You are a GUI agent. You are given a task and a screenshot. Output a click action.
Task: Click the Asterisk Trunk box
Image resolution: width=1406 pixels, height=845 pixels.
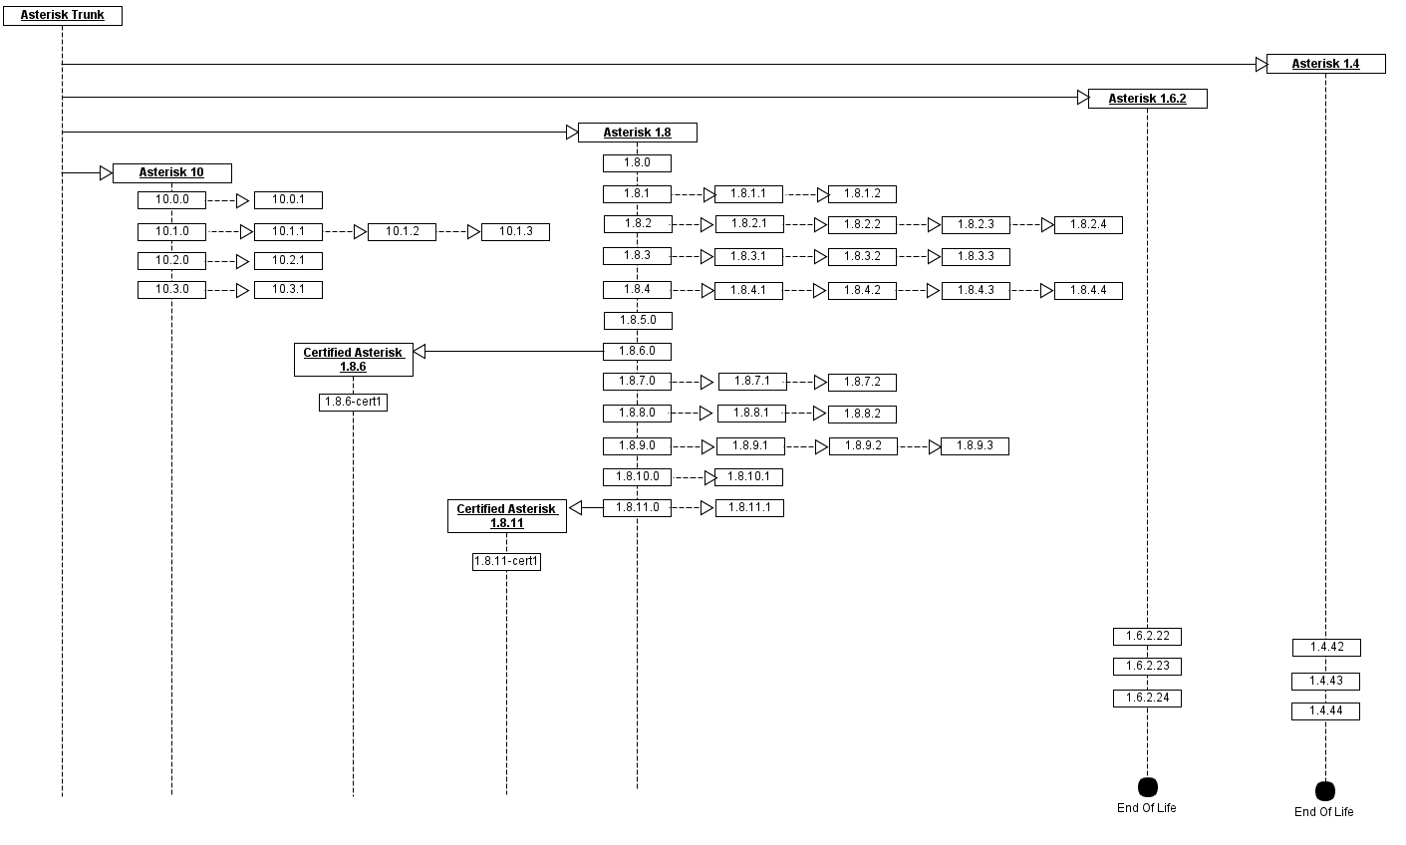tap(62, 16)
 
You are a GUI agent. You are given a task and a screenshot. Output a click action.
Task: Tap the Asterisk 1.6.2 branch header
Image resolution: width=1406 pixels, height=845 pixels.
tap(1147, 99)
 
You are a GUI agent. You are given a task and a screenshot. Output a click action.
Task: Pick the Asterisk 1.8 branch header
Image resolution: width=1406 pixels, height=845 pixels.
tap(637, 133)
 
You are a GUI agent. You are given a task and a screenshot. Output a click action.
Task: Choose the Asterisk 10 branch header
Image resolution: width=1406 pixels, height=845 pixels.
tap(171, 173)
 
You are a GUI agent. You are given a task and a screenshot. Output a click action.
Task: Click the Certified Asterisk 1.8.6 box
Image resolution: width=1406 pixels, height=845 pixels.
tap(353, 360)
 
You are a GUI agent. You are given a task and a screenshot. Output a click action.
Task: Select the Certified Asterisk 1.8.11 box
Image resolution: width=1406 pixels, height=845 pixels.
tap(506, 516)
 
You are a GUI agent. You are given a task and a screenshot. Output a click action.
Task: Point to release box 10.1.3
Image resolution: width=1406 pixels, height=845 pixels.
tap(515, 232)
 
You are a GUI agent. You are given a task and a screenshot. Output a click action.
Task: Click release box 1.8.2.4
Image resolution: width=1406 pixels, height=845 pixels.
tap(1088, 225)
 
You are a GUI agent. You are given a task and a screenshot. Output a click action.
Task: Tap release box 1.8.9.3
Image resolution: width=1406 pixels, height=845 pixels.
tap(975, 446)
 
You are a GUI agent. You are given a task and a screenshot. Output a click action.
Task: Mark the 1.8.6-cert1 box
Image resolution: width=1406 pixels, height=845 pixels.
tap(353, 403)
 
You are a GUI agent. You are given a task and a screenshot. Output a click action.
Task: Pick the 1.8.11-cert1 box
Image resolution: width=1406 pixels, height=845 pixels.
tap(506, 562)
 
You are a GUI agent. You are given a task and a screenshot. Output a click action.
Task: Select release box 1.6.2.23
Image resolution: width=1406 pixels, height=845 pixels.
tap(1147, 667)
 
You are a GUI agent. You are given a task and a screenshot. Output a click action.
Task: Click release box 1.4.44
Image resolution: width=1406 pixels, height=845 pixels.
tap(1325, 711)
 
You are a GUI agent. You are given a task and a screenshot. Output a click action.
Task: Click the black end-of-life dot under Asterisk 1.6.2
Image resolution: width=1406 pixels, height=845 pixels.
tap(1147, 787)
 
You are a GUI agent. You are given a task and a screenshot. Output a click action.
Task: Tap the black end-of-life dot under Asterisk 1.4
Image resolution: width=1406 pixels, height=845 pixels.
tap(1325, 791)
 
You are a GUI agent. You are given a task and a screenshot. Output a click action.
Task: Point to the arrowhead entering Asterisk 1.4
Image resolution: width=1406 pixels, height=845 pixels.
tap(1261, 65)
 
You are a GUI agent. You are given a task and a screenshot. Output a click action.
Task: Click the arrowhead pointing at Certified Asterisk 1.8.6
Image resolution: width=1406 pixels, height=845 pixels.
tap(420, 351)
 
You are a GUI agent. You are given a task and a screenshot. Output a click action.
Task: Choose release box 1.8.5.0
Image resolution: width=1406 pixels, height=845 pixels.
tap(638, 321)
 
